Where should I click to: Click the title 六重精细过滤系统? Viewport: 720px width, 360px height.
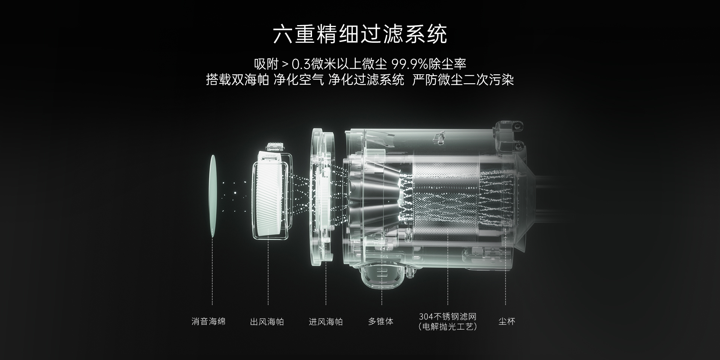pyautogui.click(x=360, y=34)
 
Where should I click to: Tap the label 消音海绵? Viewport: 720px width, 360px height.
pyautogui.click(x=208, y=321)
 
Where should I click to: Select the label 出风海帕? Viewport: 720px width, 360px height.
pyautogui.click(x=267, y=322)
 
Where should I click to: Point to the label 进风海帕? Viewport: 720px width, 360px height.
pyautogui.click(x=326, y=322)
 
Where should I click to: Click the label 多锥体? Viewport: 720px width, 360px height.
pyautogui.click(x=381, y=321)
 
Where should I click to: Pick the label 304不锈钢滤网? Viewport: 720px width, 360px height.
pyautogui.click(x=448, y=316)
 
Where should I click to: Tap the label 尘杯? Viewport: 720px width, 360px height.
pyautogui.click(x=507, y=321)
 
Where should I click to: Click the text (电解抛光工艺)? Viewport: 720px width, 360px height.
pyautogui.click(x=448, y=327)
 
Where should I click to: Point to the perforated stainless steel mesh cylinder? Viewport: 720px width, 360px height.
pyautogui.click(x=446, y=197)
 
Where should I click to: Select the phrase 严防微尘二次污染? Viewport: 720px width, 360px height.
pyautogui.click(x=463, y=80)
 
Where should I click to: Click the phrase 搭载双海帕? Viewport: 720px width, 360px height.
pyautogui.click(x=237, y=80)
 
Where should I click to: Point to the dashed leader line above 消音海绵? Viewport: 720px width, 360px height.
pyautogui.click(x=213, y=271)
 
